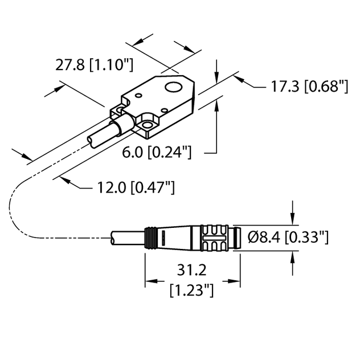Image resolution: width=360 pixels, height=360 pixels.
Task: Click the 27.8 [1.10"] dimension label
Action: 94,66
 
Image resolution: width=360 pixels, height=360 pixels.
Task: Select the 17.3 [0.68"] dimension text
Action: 308,87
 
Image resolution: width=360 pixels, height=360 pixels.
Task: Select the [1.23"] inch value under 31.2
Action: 192,291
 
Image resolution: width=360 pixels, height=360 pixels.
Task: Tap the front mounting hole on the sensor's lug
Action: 148,125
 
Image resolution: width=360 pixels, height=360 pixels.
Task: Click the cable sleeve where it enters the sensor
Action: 122,126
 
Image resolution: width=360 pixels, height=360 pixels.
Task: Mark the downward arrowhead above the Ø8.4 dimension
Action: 293,218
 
